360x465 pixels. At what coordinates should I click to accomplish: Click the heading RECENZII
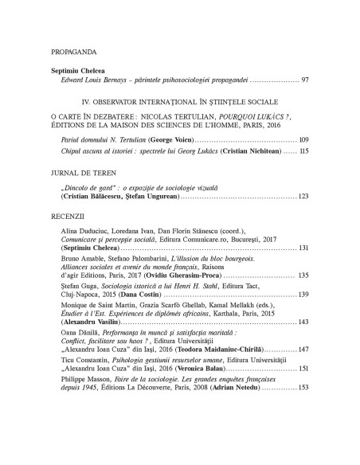coord(65,216)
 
